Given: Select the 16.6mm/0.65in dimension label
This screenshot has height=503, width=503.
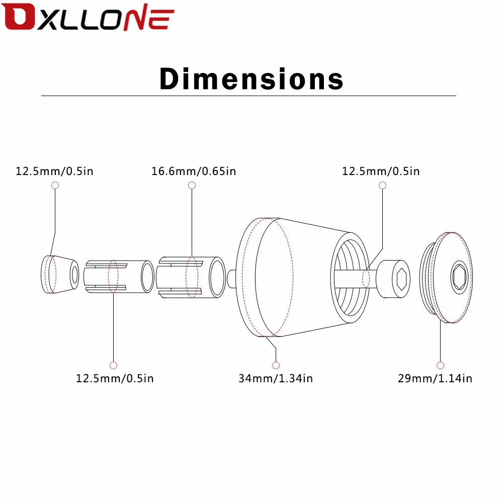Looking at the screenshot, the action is [x=194, y=172].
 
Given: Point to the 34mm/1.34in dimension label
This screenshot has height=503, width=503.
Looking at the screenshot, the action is [x=276, y=379].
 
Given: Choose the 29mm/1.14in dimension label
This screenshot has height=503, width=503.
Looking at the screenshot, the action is [x=435, y=379].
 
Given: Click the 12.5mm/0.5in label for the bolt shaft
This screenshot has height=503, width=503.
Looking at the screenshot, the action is [x=381, y=172].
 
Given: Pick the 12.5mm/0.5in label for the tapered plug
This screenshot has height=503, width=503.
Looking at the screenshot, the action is [x=54, y=172].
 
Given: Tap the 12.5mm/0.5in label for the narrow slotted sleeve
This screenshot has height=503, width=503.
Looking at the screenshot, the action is [x=115, y=379].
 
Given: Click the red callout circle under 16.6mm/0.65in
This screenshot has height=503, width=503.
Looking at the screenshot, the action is [x=192, y=185].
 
